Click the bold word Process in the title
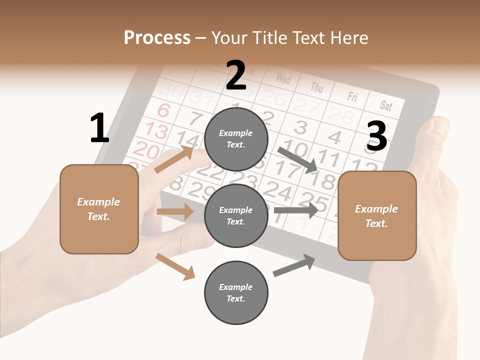point(157,38)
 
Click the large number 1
point(99,128)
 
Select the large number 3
point(377,136)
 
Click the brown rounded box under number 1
point(99,209)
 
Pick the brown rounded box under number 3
point(377,216)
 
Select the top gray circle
point(236,139)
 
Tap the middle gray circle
point(236,215)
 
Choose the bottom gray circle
point(236,292)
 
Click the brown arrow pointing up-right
point(174,159)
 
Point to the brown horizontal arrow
point(175,211)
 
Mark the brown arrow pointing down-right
point(175,266)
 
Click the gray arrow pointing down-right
point(298,160)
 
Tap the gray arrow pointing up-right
point(294,265)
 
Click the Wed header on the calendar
point(283,78)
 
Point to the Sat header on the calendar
point(386,105)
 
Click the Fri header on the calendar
point(352,96)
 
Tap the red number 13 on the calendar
point(156,131)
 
